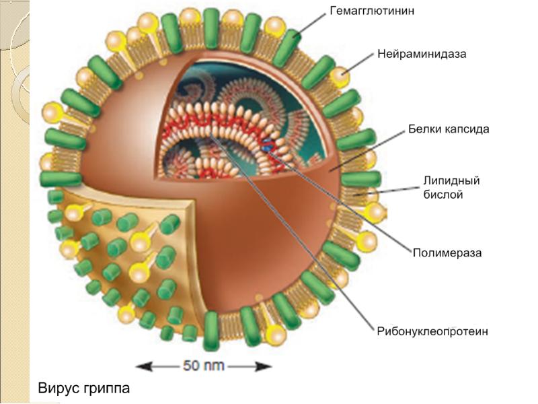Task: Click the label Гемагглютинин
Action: click(371, 11)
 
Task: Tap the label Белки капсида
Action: click(449, 129)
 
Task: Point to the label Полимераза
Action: click(447, 253)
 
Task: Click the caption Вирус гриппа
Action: click(83, 389)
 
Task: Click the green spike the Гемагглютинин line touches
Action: click(288, 42)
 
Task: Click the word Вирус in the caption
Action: click(58, 389)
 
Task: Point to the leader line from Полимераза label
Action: click(350, 209)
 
